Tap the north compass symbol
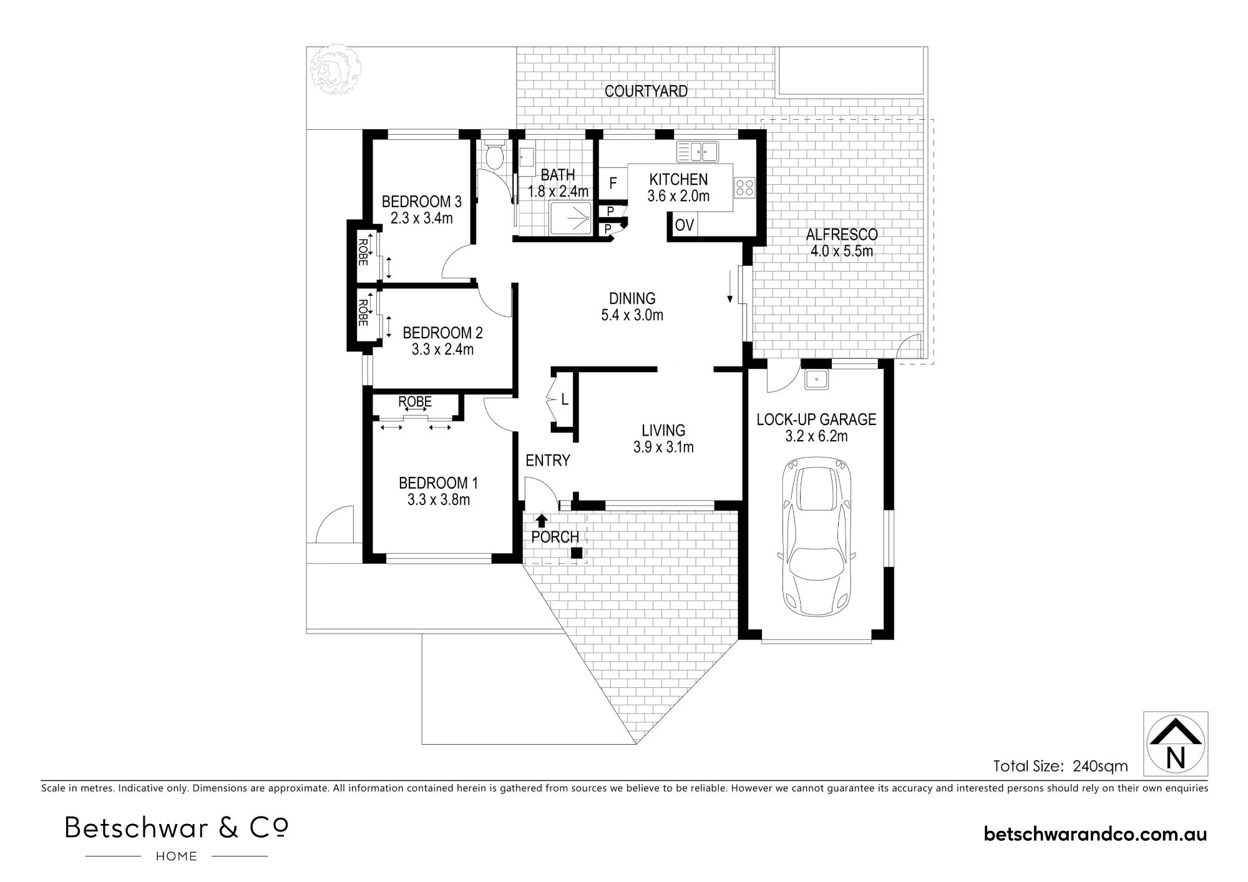[x=1176, y=743]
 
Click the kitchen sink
[x=698, y=152]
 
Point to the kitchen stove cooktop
[x=744, y=187]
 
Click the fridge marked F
[x=613, y=183]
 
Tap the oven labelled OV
[x=685, y=225]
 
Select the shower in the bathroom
[x=570, y=218]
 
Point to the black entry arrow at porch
[x=542, y=521]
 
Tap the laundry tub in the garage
[x=816, y=380]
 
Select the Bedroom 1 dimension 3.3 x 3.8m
[x=439, y=499]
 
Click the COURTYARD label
[x=646, y=91]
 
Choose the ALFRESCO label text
[x=842, y=235]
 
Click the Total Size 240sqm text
[x=1061, y=766]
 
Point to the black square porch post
[x=577, y=552]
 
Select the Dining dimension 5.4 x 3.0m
[x=632, y=315]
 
